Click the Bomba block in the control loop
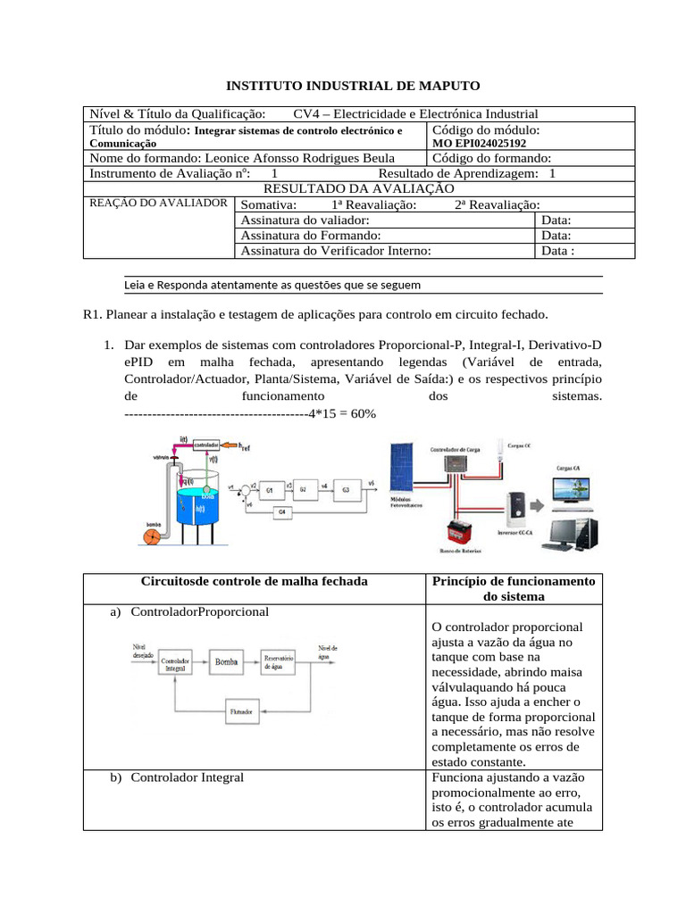click(x=226, y=662)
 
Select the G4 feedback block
click(x=281, y=512)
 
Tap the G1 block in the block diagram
click(x=268, y=490)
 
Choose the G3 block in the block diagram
click(x=345, y=490)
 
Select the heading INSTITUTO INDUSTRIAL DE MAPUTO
click(x=352, y=86)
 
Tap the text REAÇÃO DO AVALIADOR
click(x=158, y=203)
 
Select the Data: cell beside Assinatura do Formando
click(x=556, y=235)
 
